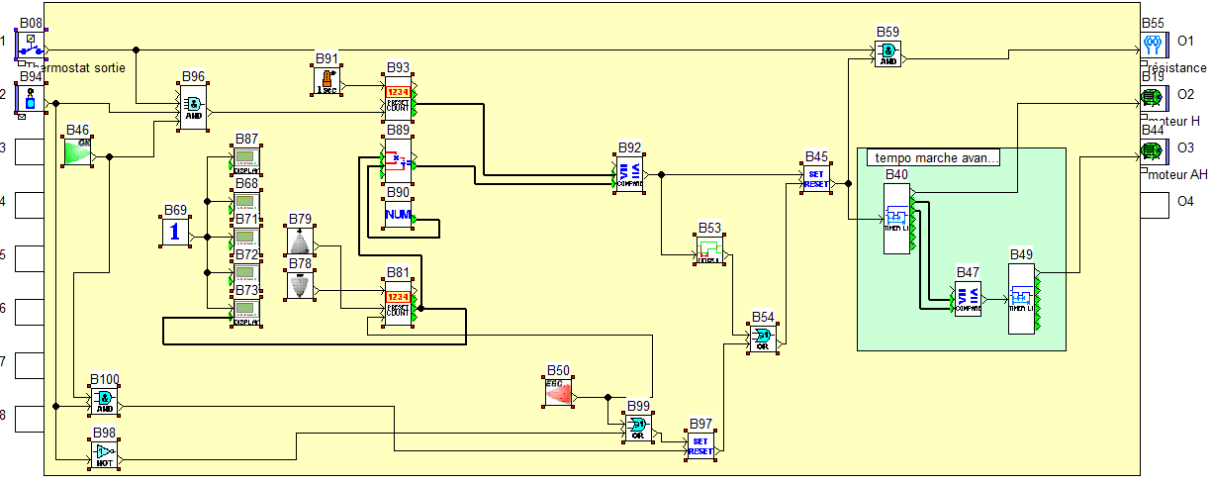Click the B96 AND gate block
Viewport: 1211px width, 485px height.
pyautogui.click(x=193, y=107)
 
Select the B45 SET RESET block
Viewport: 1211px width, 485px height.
pyautogui.click(x=816, y=178)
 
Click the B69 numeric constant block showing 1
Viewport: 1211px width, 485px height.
pyautogui.click(x=175, y=232)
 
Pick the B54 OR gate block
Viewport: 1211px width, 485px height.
pyautogui.click(x=763, y=339)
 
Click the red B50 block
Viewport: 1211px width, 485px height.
pyautogui.click(x=559, y=392)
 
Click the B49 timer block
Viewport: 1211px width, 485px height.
pyautogui.click(x=1021, y=299)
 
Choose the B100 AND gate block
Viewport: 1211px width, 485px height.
pyautogui.click(x=104, y=401)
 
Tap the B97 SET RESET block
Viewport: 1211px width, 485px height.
pyautogui.click(x=700, y=445)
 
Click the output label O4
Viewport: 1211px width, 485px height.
pyautogui.click(x=1185, y=202)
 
